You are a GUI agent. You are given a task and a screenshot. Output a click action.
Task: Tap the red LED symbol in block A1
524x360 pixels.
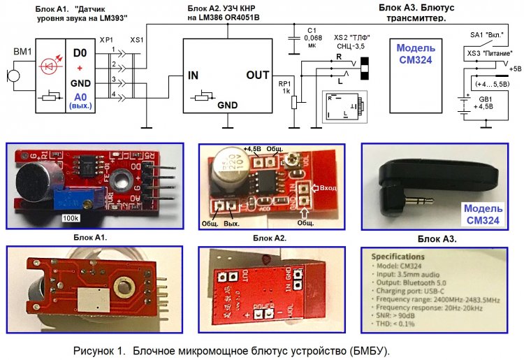48,66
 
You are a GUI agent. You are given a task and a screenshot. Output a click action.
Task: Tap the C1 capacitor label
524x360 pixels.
312,31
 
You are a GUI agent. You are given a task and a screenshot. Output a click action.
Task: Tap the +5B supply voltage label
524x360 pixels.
515,69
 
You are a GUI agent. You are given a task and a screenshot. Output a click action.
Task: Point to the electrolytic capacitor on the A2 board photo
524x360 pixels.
228,167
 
